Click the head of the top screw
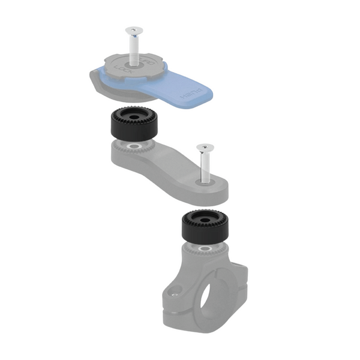click(134, 29)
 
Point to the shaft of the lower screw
click(205, 165)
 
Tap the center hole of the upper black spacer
click(131, 114)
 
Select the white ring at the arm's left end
click(131, 146)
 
